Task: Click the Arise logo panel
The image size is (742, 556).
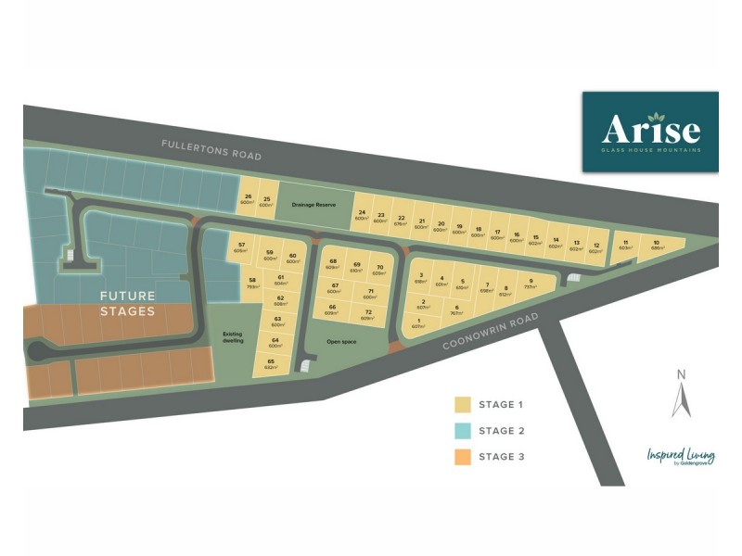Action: (649, 132)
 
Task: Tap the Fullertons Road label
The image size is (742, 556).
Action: (211, 150)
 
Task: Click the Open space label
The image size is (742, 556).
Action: (340, 341)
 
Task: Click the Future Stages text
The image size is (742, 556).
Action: (128, 304)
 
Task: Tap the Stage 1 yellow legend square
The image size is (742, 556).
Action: (462, 405)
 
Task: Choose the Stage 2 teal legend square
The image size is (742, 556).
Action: (462, 431)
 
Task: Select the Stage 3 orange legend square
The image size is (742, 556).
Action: (462, 456)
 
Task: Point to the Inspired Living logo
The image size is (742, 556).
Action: (681, 457)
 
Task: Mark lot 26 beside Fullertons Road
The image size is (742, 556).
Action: (248, 199)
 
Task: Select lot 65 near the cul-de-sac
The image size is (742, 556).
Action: (271, 363)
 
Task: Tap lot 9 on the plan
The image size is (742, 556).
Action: (531, 284)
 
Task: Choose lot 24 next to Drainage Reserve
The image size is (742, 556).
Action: (362, 215)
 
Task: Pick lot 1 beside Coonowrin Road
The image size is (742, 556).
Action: (418, 323)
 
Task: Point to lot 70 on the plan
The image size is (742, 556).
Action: (379, 271)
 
